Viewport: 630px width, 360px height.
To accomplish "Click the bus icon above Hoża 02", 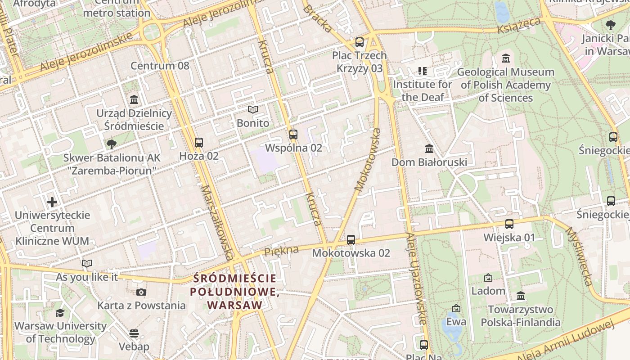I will [x=199, y=143].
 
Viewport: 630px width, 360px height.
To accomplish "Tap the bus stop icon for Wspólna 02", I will [x=293, y=134].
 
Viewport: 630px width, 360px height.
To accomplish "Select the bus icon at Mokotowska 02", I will [x=351, y=240].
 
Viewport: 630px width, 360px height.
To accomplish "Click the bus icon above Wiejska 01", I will [x=509, y=224].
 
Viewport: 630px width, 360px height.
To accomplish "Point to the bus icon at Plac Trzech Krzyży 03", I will [x=359, y=42].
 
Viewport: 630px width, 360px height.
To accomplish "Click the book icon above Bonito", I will [x=253, y=110].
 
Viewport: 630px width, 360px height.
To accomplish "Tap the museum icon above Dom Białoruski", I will [x=429, y=148].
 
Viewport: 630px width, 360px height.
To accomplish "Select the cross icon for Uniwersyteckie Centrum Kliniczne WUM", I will [x=52, y=202].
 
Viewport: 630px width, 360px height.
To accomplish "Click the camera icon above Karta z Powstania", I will [x=141, y=292].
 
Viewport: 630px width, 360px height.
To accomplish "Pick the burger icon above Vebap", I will [x=134, y=333].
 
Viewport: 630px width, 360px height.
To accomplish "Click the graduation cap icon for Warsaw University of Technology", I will [x=60, y=313].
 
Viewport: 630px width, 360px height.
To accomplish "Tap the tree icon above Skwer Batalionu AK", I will [x=111, y=144].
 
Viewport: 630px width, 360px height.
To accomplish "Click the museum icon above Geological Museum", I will [x=506, y=58].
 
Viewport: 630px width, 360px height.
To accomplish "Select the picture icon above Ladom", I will [x=488, y=278].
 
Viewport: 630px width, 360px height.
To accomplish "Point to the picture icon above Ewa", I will [x=456, y=308].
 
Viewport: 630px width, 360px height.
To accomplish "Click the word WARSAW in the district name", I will [x=235, y=305].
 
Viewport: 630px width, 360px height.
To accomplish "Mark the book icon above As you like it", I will [x=87, y=264].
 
